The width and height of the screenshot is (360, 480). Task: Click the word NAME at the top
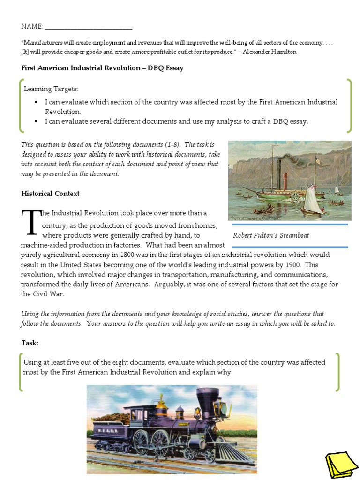[x=31, y=27]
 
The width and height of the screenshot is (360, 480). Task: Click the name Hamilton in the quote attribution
[x=284, y=52]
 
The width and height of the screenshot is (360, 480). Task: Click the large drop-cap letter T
[x=31, y=223]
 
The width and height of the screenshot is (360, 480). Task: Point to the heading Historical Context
[x=50, y=194]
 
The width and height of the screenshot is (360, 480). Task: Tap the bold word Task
[x=30, y=343]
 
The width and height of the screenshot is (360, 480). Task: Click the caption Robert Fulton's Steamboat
[x=271, y=235]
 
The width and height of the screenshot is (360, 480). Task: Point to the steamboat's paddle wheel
[x=295, y=195]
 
